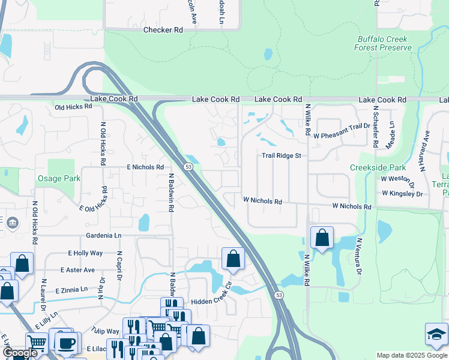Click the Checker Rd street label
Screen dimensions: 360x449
[163, 30]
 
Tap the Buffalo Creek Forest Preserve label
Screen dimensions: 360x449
[382, 43]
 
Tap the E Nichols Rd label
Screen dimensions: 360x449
[145, 167]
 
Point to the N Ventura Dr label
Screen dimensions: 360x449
[359, 256]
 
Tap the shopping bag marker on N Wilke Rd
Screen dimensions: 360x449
[322, 238]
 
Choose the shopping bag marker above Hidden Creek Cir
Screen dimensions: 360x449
[234, 259]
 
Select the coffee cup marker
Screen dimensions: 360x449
[66, 343]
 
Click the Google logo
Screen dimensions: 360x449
[20, 353]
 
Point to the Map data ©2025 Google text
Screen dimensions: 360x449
[411, 355]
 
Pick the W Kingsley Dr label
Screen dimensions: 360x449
[402, 194]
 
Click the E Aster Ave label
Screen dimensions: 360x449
[77, 271]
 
